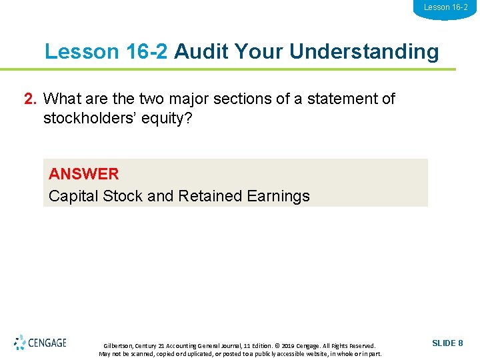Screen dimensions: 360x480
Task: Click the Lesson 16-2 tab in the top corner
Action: click(445, 7)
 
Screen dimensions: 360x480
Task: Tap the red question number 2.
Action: click(30, 99)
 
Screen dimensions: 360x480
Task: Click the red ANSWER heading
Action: click(83, 174)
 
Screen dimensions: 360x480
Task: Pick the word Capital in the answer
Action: click(74, 196)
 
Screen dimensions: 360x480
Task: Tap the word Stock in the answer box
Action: click(123, 196)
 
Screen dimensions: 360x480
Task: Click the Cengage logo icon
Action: click(20, 343)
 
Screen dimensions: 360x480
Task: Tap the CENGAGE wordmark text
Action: click(47, 343)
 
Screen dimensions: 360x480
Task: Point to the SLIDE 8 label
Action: click(447, 343)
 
